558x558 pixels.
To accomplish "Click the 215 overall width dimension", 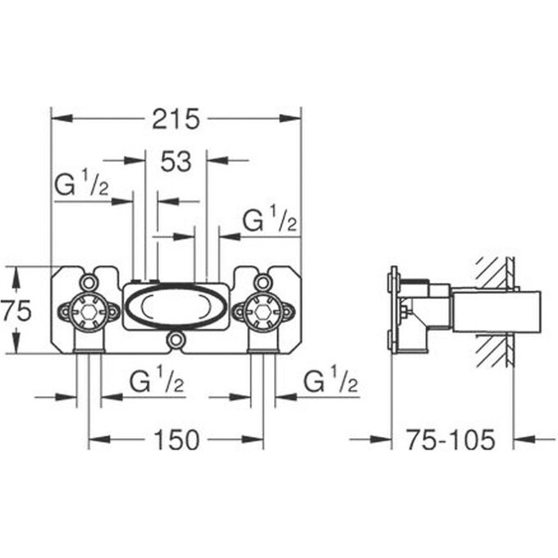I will (176, 120).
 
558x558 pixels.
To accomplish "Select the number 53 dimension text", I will (176, 162).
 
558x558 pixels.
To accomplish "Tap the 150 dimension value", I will (176, 441).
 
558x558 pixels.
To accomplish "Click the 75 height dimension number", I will (16, 311).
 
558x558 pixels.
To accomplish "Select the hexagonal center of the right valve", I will (263, 311).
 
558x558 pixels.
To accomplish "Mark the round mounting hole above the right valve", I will (263, 281).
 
